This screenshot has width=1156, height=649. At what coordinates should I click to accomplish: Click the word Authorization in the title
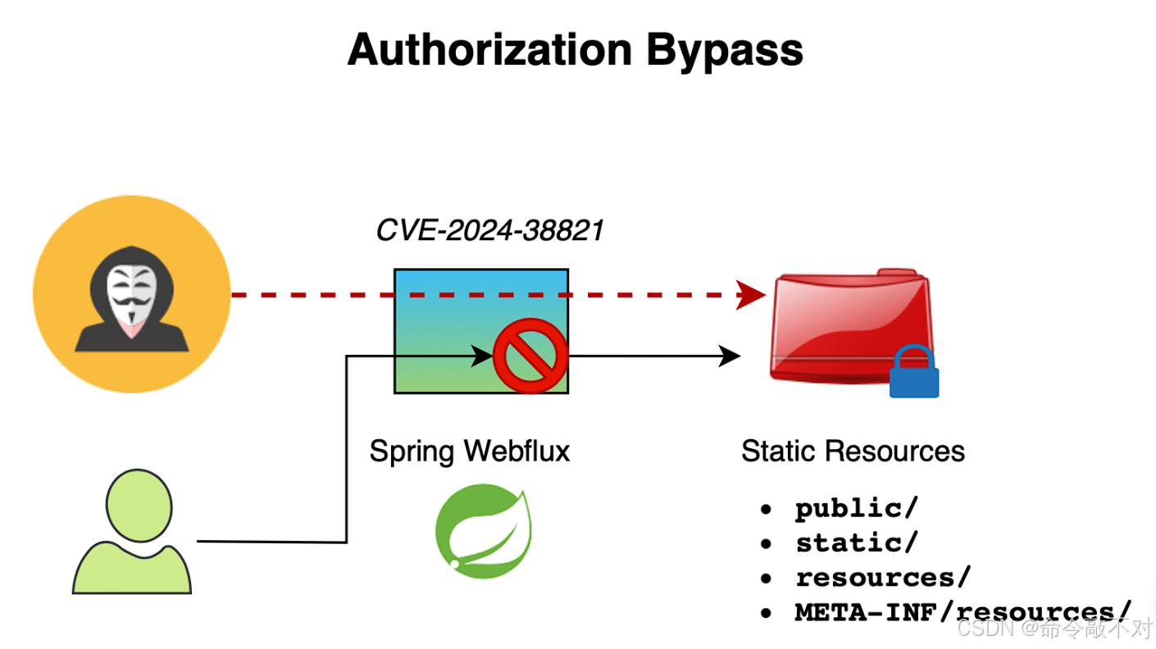(x=490, y=51)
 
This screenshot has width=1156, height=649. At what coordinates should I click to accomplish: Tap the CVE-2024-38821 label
(x=489, y=230)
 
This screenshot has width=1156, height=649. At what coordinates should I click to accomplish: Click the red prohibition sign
(x=530, y=356)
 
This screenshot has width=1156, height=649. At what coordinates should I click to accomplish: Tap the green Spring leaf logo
(x=482, y=529)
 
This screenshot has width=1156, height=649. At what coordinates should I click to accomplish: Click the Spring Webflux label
(x=469, y=451)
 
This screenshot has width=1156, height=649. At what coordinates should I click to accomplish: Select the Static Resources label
(x=853, y=451)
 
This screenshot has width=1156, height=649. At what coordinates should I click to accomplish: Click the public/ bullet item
(x=856, y=508)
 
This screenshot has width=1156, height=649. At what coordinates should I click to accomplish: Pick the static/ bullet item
(x=856, y=542)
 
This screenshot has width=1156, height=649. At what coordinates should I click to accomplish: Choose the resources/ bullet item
(x=882, y=577)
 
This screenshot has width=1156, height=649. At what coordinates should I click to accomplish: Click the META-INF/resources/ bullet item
(x=963, y=611)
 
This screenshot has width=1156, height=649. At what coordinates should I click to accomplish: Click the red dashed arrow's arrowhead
(x=750, y=294)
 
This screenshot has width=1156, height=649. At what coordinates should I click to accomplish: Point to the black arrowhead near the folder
(x=730, y=356)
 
